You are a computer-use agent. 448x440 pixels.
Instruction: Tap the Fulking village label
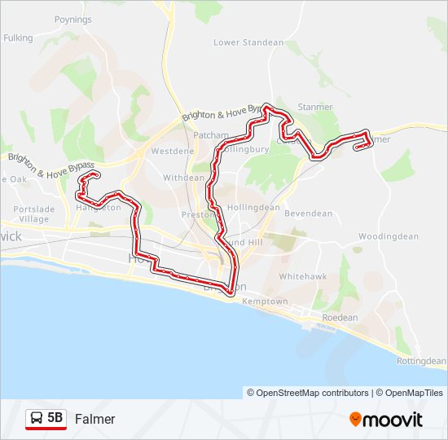pyautogui.click(x=18, y=37)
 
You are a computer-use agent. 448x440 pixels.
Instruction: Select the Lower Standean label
pyautogui.click(x=248, y=42)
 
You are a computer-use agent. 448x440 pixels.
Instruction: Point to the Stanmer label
pyautogui.click(x=315, y=107)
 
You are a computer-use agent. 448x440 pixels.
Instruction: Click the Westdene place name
pyautogui.click(x=173, y=152)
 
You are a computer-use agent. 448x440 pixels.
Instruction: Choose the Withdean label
pyautogui.click(x=184, y=178)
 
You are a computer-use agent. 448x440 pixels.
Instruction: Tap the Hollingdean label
pyautogui.click(x=253, y=208)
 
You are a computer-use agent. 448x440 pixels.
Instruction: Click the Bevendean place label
pyautogui.click(x=308, y=213)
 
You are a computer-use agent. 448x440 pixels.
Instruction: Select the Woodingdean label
pyautogui.click(x=388, y=236)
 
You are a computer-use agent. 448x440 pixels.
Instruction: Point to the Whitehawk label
pyautogui.click(x=303, y=277)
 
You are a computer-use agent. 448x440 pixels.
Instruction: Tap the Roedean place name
pyautogui.click(x=340, y=318)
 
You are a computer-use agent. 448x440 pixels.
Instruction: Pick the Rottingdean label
pyautogui.click(x=421, y=361)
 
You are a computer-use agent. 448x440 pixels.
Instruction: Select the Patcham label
pyautogui.click(x=212, y=135)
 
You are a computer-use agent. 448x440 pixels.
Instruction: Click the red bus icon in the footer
pyautogui.click(x=37, y=419)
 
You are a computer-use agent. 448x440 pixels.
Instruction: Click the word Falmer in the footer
pyautogui.click(x=95, y=420)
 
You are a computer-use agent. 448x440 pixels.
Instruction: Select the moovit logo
pyautogui.click(x=386, y=420)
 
